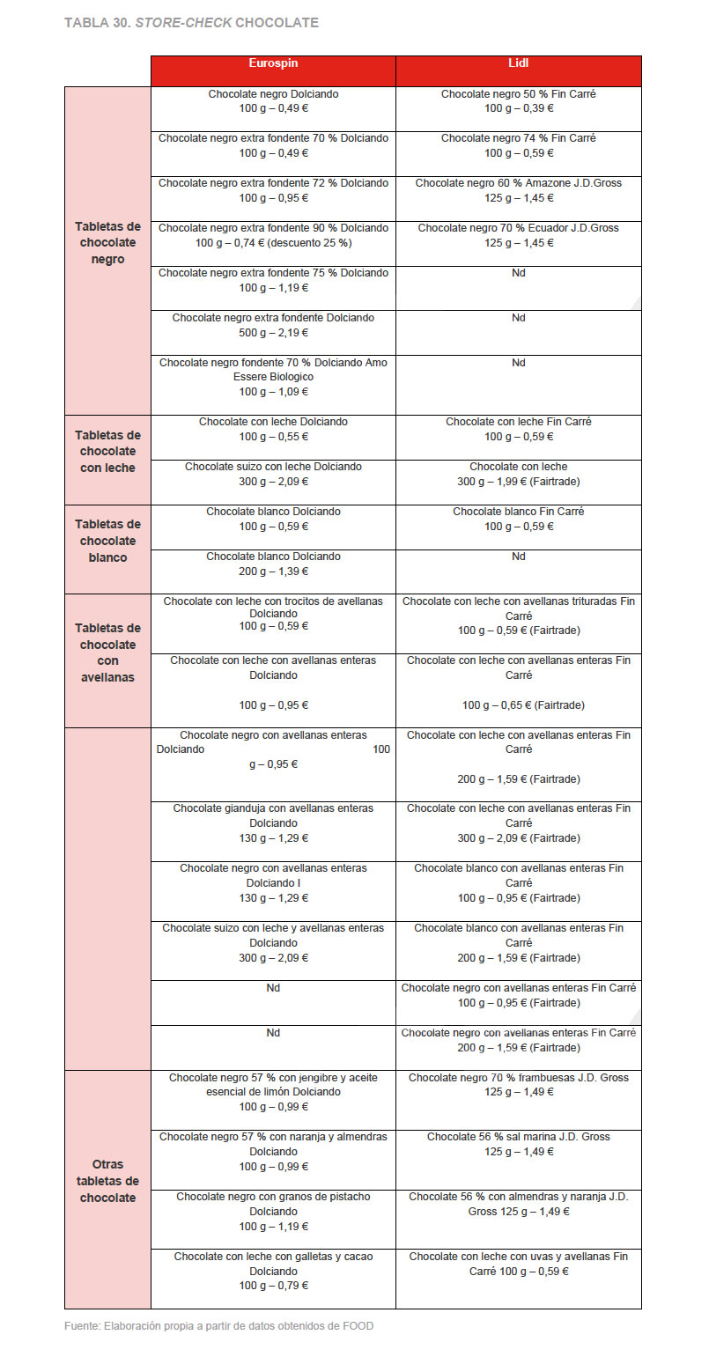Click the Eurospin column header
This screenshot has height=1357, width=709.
pos(273,63)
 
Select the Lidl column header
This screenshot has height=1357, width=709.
pos(518,63)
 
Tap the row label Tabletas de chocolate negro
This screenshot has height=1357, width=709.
pos(107,243)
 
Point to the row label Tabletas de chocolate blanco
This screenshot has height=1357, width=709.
pos(107,541)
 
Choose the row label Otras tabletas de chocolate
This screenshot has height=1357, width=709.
pos(107,1181)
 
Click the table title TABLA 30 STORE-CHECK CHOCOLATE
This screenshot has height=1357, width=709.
pos(191,22)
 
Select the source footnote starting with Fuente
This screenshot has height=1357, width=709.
pos(218,1325)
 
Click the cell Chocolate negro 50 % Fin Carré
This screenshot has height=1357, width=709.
pos(518,101)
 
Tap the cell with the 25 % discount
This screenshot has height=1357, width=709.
pos(273,235)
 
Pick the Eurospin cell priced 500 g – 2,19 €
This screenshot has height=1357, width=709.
pos(273,325)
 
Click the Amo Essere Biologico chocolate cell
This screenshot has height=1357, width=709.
pos(273,377)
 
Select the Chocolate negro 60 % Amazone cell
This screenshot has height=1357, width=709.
pos(518,191)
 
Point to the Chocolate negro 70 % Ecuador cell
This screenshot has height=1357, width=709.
pos(518,235)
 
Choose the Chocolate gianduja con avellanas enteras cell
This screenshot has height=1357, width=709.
pos(273,823)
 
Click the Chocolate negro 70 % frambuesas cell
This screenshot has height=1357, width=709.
pos(518,1085)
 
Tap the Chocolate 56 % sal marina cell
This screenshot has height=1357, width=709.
pos(518,1144)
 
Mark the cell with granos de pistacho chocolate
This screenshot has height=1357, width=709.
pos(273,1212)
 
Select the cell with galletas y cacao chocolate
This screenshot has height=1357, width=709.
pos(273,1271)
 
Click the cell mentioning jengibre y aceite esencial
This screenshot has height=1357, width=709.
pos(273,1092)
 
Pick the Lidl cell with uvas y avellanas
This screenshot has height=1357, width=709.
pos(518,1264)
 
